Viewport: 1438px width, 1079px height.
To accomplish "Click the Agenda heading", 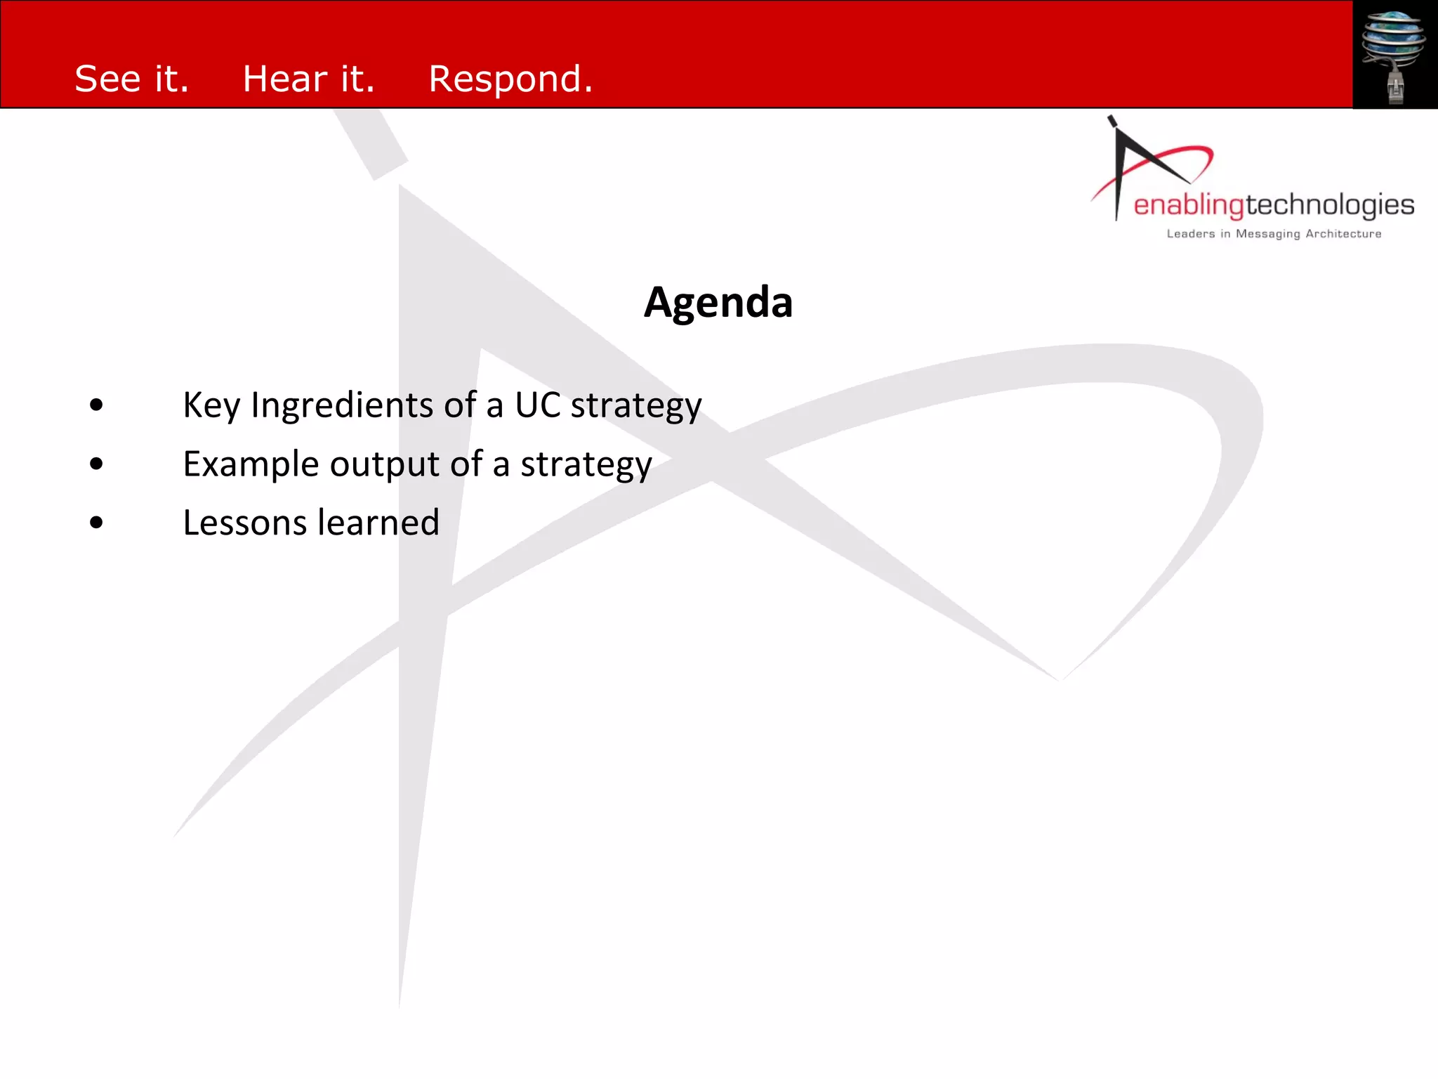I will [718, 303].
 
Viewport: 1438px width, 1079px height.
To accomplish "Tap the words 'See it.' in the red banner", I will [132, 79].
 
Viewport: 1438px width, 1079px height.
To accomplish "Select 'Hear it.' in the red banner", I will [308, 79].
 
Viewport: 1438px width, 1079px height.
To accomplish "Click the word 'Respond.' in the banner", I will [510, 79].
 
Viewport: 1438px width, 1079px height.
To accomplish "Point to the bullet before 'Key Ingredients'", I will [97, 405].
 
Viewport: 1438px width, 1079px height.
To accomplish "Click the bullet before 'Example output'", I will [97, 464].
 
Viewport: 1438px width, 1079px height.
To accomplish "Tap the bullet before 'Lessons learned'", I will [97, 523].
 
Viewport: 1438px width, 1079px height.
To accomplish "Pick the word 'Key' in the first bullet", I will [211, 406].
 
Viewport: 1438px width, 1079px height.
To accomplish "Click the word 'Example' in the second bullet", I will [251, 464].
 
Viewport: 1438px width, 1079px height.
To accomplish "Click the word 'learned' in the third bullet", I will [378, 523].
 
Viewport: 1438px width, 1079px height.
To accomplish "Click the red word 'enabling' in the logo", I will [1189, 206].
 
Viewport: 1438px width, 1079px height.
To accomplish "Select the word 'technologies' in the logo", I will [1330, 206].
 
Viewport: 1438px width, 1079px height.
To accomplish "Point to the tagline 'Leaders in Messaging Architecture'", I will [1274, 234].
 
